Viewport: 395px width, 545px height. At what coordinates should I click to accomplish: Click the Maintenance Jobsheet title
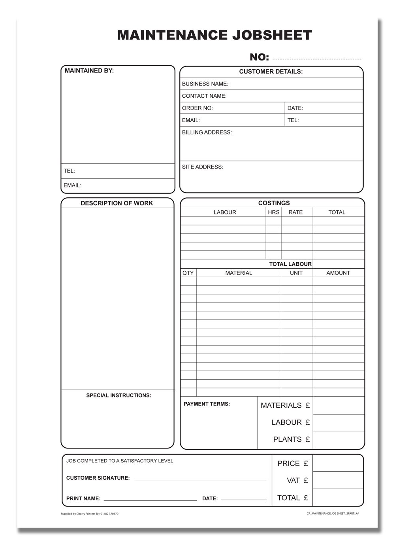[214, 35]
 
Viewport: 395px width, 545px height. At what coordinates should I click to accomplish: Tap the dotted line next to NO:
[317, 58]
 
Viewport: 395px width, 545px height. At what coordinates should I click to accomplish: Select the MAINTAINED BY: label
[89, 71]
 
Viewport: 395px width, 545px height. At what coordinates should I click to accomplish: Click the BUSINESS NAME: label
[205, 84]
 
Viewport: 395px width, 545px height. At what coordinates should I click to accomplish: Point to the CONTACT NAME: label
[204, 96]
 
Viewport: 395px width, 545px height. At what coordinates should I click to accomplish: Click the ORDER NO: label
[197, 108]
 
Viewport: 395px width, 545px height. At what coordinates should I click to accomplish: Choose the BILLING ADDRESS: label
[207, 132]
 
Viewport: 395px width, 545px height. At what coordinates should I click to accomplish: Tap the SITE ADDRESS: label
[203, 167]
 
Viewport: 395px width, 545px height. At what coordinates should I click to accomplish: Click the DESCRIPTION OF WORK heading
[117, 203]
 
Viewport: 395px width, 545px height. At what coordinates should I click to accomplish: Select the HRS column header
[274, 212]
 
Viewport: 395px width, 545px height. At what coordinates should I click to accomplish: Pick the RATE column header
[295, 212]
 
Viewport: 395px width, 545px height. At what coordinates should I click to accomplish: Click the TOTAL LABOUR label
[290, 264]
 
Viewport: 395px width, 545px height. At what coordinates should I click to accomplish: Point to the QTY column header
[188, 273]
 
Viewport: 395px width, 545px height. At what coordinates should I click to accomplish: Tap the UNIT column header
[296, 273]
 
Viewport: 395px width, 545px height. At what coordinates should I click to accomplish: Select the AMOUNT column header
[338, 273]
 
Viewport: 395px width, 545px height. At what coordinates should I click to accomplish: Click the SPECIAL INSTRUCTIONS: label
[118, 396]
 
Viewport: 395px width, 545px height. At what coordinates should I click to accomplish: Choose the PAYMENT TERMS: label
[207, 404]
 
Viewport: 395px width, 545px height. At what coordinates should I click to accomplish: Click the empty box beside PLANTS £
[339, 440]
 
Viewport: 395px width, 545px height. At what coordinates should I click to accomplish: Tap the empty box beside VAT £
[338, 481]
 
